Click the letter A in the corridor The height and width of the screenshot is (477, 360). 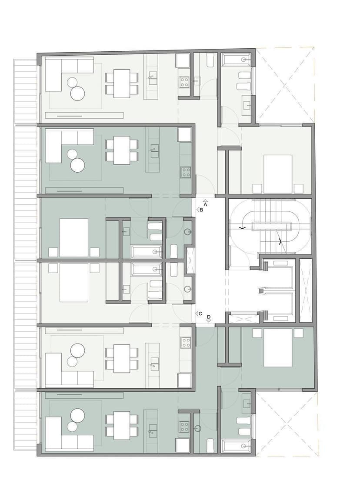pyautogui.click(x=206, y=205)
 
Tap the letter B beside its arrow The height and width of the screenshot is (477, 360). pyautogui.click(x=201, y=210)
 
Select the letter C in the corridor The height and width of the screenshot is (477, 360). pyautogui.click(x=201, y=314)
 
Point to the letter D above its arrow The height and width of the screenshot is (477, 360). pyautogui.click(x=209, y=317)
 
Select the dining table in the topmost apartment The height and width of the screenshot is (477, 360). pyautogui.click(x=122, y=83)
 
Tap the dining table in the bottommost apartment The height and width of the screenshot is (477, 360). pyautogui.click(x=122, y=426)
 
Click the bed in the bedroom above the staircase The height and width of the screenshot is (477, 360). pyautogui.click(x=278, y=174)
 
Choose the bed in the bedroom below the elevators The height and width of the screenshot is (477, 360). pyautogui.click(x=278, y=348)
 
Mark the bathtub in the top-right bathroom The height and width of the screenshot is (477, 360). pyautogui.click(x=236, y=60)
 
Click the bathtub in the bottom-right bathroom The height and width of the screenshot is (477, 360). pyautogui.click(x=236, y=446)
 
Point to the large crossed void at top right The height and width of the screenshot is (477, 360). pyautogui.click(x=285, y=86)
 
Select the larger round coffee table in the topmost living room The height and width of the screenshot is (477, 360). pyautogui.click(x=77, y=93)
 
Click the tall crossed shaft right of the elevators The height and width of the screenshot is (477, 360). pyautogui.click(x=306, y=290)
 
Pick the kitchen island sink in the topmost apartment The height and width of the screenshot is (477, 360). pyautogui.click(x=153, y=80)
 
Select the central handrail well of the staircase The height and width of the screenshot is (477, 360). pyautogui.click(x=271, y=227)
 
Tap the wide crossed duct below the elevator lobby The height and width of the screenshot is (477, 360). pyautogui.click(x=242, y=318)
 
